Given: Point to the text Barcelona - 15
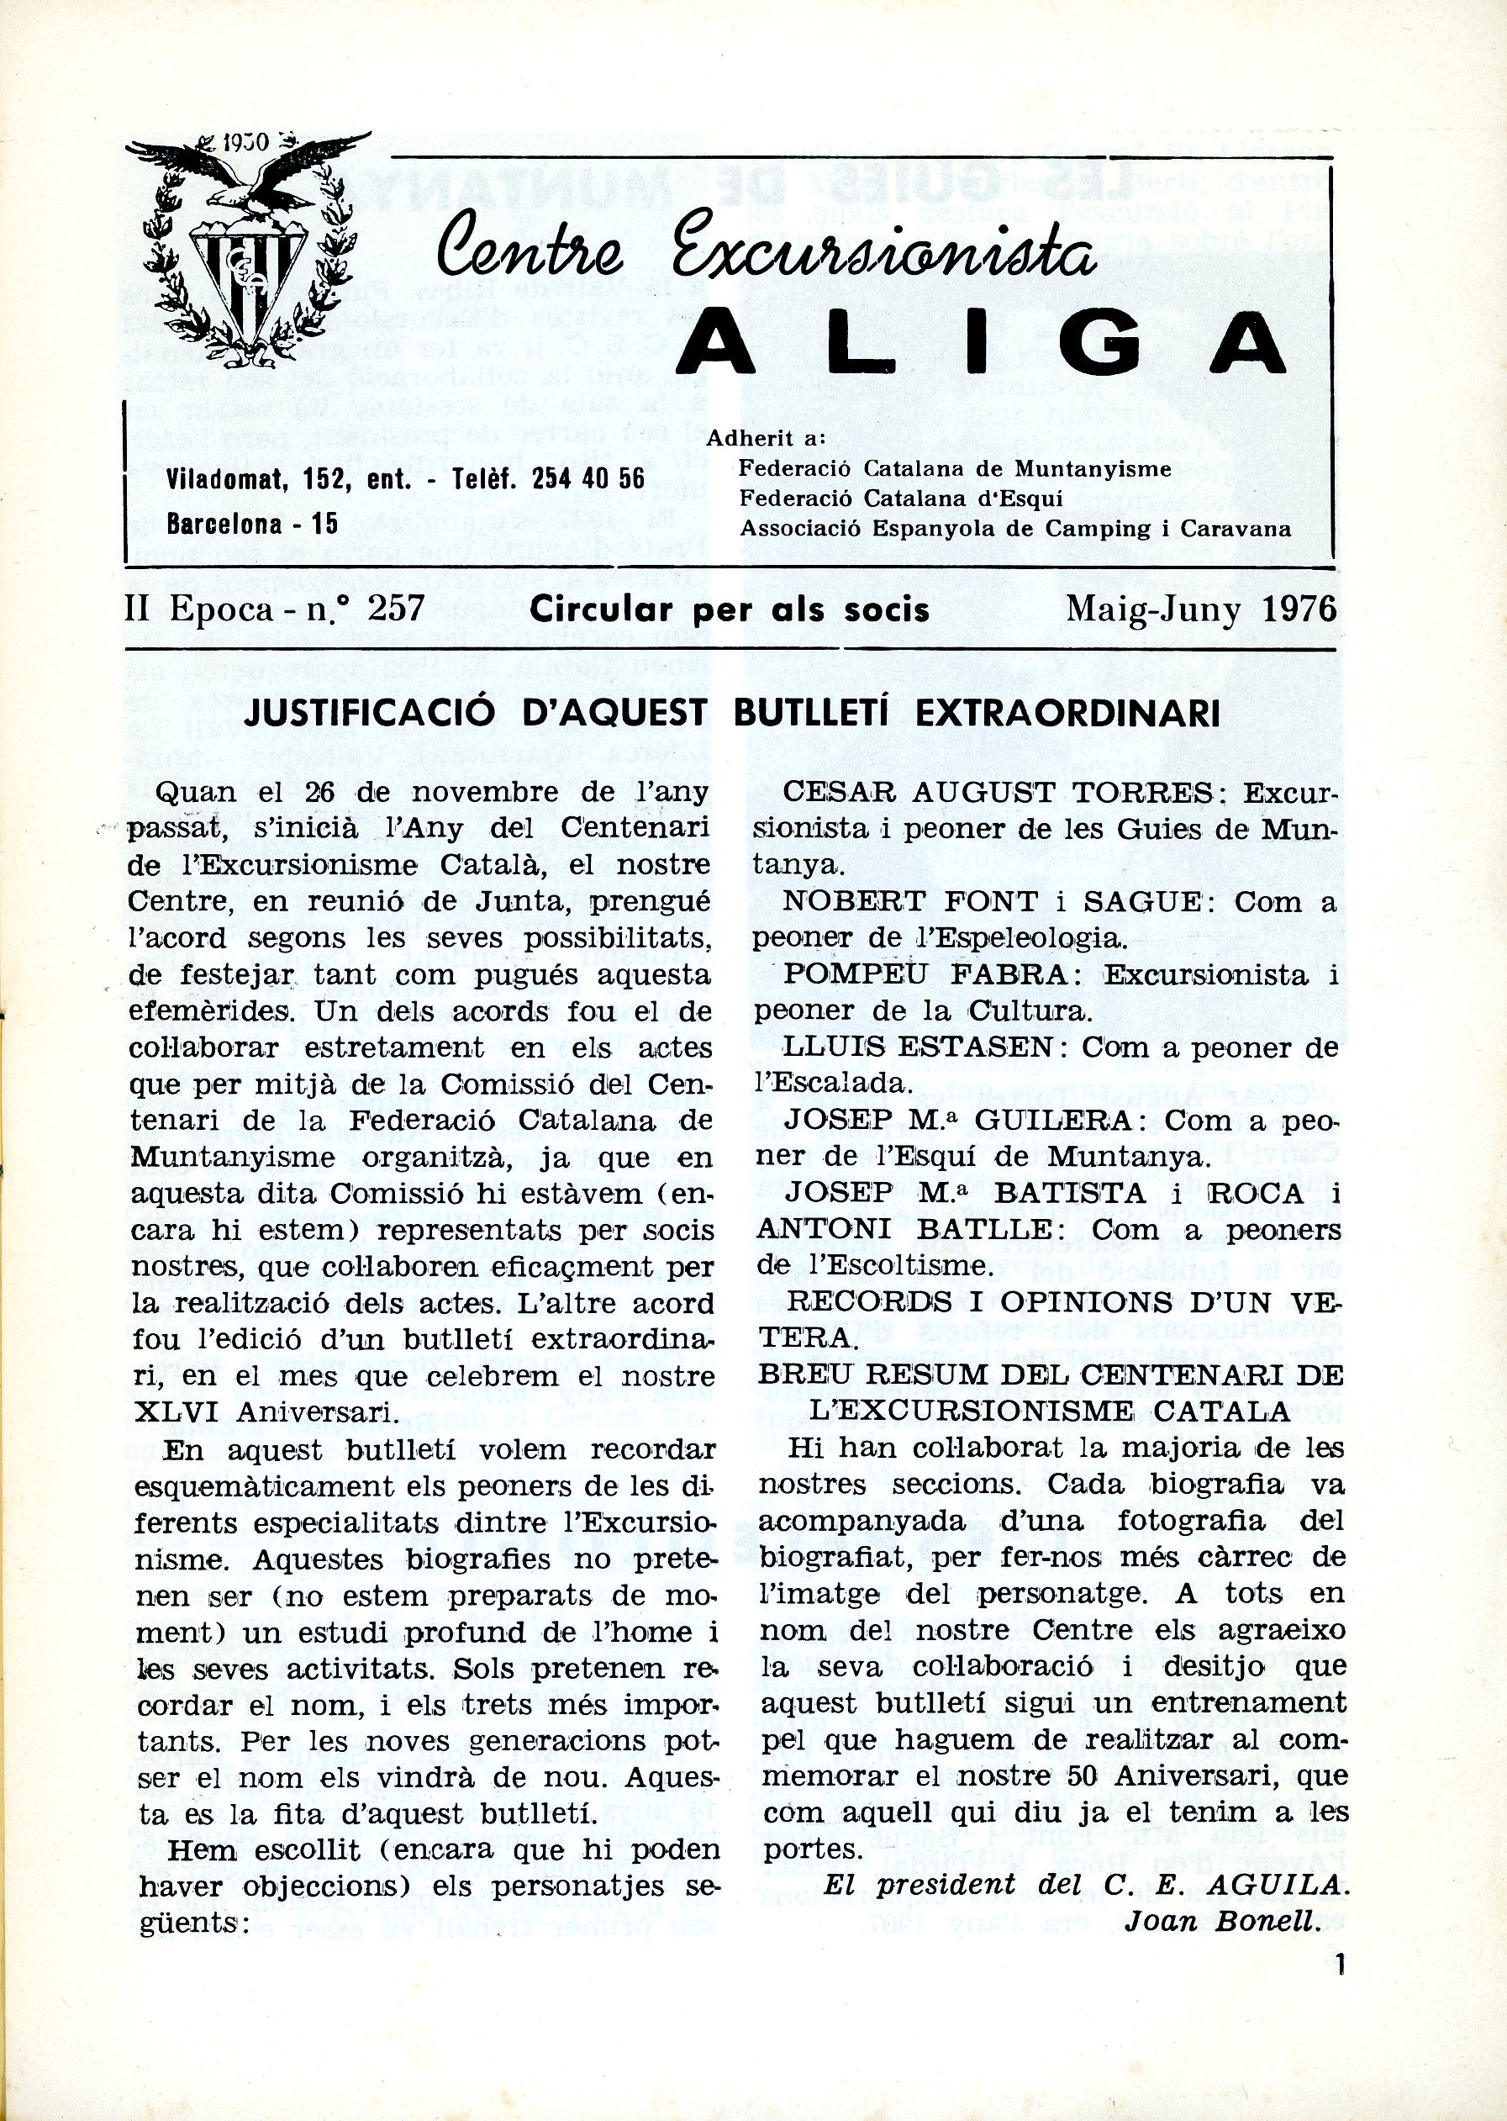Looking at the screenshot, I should click(251, 524).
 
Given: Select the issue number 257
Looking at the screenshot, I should click(396, 609).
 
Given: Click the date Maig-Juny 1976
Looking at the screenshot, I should click(1201, 609).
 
